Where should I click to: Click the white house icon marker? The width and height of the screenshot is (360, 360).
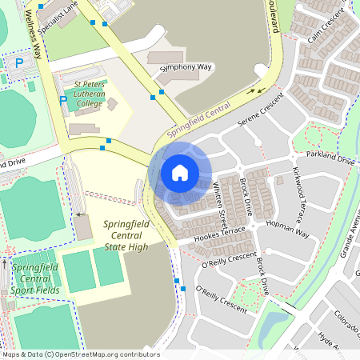pyautogui.click(x=180, y=173)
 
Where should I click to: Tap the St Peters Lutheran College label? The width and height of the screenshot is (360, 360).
pyautogui.click(x=91, y=93)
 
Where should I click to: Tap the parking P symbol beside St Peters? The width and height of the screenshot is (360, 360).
pyautogui.click(x=63, y=101)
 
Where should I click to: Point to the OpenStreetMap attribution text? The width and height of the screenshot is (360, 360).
pyautogui.click(x=80, y=354)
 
